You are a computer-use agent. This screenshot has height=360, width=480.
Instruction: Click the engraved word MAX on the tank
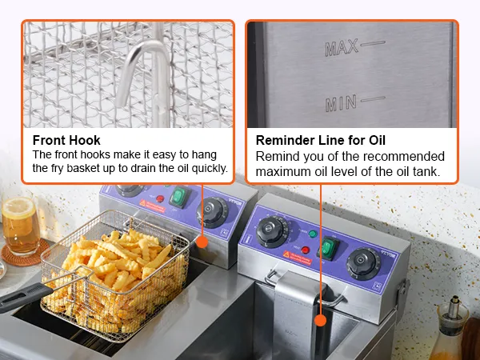click(342, 48)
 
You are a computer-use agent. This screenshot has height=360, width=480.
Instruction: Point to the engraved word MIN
click(341, 103)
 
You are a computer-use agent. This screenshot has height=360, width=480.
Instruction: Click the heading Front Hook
click(66, 140)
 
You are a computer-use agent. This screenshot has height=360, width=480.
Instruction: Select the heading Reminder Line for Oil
click(321, 140)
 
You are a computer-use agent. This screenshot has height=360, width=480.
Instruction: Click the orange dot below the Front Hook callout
click(202, 242)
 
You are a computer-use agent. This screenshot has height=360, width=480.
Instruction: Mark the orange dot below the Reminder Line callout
click(321, 320)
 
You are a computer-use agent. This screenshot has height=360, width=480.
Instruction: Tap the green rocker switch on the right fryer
click(328, 247)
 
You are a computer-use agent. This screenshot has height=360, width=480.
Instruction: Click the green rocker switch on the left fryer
click(179, 197)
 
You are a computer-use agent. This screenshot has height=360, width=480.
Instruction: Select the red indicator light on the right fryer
click(306, 250)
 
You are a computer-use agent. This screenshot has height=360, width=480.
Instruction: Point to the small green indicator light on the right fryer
click(313, 234)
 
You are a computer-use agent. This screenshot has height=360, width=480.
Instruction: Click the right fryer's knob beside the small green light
click(271, 231)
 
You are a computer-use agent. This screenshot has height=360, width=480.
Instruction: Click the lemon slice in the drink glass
click(18, 207)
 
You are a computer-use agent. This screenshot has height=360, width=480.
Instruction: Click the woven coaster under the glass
click(25, 253)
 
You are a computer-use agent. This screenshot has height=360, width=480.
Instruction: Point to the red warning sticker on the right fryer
click(297, 258)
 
